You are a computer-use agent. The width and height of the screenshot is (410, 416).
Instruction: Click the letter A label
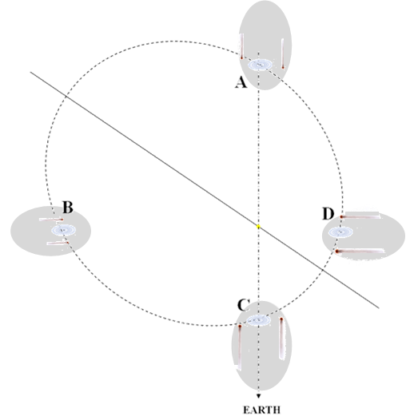(x=241, y=82)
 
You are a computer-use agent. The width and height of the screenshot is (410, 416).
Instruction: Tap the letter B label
(x=68, y=208)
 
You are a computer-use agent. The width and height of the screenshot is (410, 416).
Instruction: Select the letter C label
(x=243, y=305)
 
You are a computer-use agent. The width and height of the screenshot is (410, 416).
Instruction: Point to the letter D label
(x=328, y=214)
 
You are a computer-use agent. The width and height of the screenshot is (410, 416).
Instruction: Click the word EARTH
(x=261, y=410)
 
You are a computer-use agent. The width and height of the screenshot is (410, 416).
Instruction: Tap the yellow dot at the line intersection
(x=258, y=227)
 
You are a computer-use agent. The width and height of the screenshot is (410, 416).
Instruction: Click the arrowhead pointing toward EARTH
(x=258, y=396)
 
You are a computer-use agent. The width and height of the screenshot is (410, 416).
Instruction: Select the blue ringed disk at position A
(x=260, y=65)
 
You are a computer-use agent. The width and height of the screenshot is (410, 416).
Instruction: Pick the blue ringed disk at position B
(x=63, y=230)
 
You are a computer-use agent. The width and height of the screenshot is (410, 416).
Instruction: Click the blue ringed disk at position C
(x=258, y=320)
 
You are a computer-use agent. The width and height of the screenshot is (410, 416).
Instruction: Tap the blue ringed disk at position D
(x=340, y=232)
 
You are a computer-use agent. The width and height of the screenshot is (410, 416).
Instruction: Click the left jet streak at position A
(x=241, y=46)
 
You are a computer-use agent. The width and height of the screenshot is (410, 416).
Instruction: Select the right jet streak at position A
(x=283, y=53)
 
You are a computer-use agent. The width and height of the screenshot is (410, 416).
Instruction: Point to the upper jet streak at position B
(x=51, y=220)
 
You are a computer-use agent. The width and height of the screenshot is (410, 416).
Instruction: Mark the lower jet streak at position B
(x=58, y=243)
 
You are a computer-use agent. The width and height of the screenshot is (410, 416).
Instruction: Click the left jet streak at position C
(x=240, y=347)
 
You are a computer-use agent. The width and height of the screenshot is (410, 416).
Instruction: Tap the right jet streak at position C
(x=281, y=338)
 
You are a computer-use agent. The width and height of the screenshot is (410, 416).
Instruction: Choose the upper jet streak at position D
(x=360, y=216)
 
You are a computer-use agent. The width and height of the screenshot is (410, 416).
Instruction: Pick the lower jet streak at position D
(x=360, y=251)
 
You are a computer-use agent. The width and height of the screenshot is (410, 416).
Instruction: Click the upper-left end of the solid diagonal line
(x=30, y=72)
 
